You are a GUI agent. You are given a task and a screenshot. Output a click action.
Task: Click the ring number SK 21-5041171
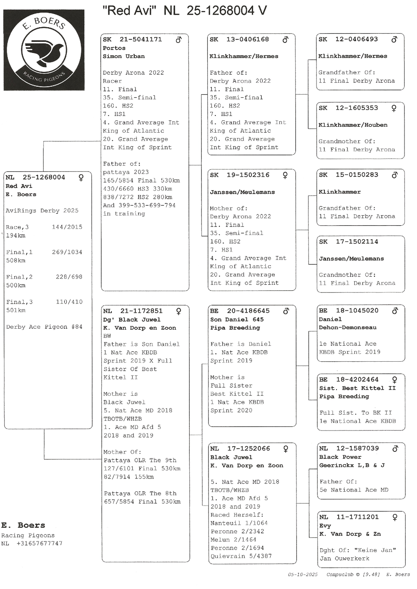pos(132,39)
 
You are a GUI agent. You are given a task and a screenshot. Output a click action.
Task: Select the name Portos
pos(114,48)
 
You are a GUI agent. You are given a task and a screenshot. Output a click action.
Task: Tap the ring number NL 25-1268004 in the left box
pos(35,177)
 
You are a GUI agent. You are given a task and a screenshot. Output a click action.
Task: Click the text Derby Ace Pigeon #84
pos(44,327)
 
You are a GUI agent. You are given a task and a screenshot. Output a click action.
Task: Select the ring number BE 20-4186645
pos(240,311)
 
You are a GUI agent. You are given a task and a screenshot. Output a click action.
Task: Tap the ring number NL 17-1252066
pos(240,448)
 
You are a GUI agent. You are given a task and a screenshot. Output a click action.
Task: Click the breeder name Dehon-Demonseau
pos(347,327)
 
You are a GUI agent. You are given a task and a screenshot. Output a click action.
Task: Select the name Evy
pos(325,526)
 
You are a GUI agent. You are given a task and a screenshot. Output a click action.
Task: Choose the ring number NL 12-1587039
pos(349,448)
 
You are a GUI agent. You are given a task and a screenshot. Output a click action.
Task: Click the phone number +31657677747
pos(39,544)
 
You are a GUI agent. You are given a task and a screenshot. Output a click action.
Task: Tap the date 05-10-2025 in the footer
pos(302,574)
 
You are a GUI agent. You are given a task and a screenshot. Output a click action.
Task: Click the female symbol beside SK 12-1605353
pos(394,108)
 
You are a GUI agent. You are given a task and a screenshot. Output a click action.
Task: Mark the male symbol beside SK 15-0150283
pos(394,175)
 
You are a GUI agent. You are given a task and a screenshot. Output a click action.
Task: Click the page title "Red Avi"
pos(129,10)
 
